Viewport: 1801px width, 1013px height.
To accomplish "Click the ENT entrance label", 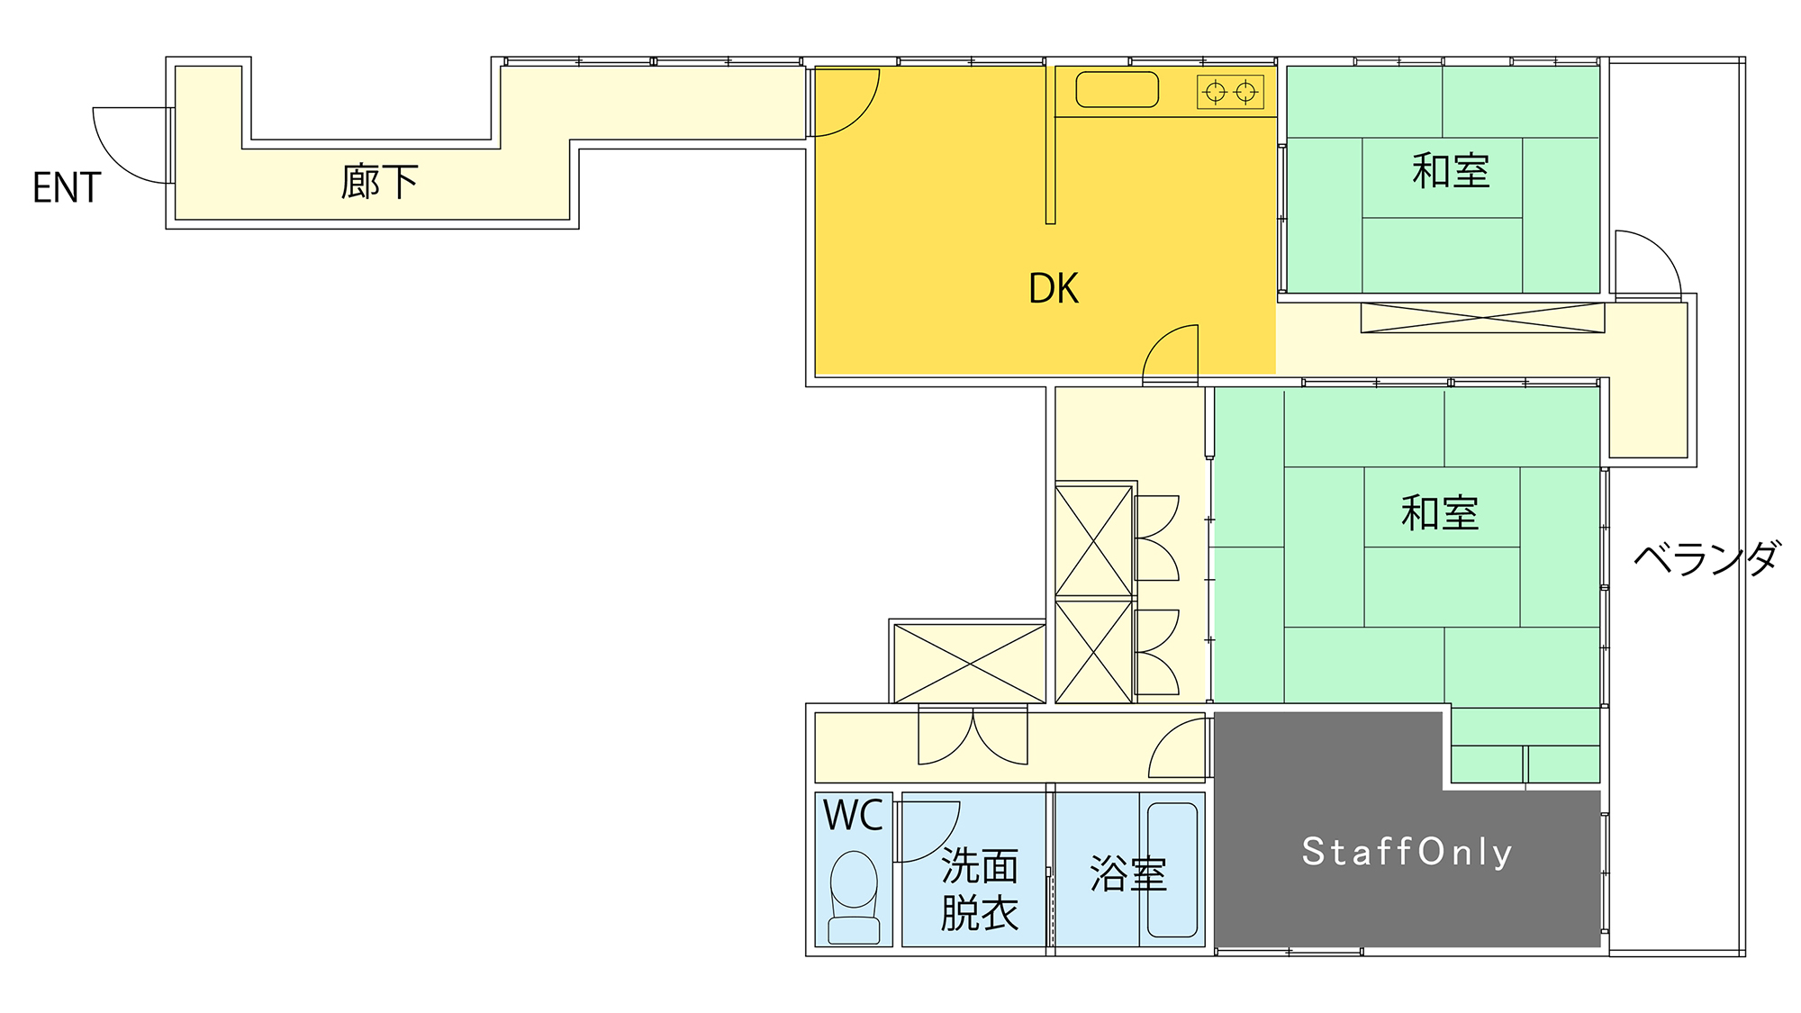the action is coord(67,188).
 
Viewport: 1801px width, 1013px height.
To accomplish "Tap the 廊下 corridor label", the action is coord(379,182).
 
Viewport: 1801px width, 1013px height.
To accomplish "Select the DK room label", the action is coord(1054,289).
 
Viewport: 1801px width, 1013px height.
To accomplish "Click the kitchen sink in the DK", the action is coord(1118,90).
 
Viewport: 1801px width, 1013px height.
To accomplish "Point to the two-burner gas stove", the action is coord(1230,92).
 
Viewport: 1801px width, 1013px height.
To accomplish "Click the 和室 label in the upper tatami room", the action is coord(1451,171).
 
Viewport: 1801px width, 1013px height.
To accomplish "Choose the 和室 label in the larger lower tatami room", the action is coord(1440,513).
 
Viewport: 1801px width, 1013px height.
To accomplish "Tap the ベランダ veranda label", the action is coord(1707,558).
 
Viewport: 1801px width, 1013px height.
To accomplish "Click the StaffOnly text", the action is coord(1407,852).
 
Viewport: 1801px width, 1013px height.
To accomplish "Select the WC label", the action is coord(853,816).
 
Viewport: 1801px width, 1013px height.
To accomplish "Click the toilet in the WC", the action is coord(854,898).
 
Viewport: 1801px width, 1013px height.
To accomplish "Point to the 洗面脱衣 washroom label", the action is coord(980,890).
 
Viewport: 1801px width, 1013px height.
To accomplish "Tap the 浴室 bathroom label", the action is coord(1128,874).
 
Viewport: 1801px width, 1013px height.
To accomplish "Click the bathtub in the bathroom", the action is coord(1172,870).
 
